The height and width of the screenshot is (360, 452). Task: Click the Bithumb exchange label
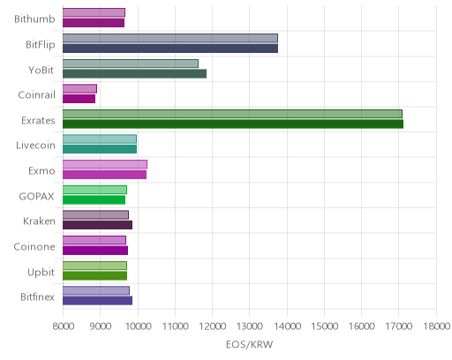(34, 19)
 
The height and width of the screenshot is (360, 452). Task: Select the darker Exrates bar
(233, 124)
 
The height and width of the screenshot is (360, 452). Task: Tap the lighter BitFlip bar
(170, 38)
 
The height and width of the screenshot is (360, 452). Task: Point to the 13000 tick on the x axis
(250, 326)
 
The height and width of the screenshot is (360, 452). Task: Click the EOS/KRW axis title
(250, 344)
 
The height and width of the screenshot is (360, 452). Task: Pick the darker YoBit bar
(134, 74)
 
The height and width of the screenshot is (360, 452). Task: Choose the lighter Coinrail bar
(79, 89)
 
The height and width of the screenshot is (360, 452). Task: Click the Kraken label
(39, 221)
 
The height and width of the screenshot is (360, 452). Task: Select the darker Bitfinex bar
(97, 301)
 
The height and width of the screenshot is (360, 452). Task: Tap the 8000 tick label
(63, 326)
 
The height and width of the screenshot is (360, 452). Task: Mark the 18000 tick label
(436, 326)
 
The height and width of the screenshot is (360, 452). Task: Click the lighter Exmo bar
(105, 164)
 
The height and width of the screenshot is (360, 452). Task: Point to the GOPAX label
(36, 196)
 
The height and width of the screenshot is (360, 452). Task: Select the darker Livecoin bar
(100, 149)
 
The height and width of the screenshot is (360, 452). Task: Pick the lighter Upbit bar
(94, 266)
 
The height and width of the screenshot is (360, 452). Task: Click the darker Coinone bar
(95, 251)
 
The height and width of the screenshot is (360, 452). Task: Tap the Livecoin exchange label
(35, 146)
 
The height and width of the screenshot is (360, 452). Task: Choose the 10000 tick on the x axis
(138, 326)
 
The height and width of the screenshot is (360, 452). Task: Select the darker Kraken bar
(97, 225)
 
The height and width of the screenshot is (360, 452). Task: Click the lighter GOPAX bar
(94, 190)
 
